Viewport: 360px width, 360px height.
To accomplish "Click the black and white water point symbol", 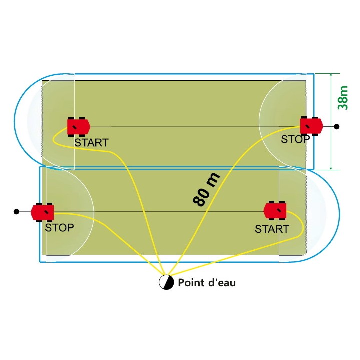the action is coord(166,282).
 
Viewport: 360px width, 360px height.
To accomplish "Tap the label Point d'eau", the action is coord(207,282).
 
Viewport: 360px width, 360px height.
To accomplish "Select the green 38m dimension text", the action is coord(343,98).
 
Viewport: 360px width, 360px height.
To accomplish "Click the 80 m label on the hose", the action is coord(206,189).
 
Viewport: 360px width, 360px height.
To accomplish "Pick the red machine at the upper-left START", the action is coord(79,127).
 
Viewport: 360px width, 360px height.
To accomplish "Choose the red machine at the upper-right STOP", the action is coord(312,126).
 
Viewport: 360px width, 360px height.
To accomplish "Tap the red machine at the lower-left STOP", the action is coord(42,212).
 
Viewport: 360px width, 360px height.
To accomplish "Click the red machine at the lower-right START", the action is coord(275,210).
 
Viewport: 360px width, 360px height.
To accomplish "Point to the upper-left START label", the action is coord(91,143).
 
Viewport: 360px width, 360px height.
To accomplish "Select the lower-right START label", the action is coord(272,229).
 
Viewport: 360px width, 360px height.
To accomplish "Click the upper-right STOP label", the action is coord(295,139).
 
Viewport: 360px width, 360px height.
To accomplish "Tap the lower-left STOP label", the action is coord(59,228).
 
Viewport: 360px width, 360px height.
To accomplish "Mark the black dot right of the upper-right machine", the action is coord(337,126).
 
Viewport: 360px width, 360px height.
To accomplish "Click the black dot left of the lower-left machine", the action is coord(16,211).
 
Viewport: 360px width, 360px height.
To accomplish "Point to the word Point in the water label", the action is coord(191,282).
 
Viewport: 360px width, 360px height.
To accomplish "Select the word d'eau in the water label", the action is coord(222,282).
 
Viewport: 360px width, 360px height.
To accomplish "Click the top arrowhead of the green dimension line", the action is coord(331,75).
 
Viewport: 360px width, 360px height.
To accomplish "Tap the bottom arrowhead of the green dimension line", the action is coord(331,168).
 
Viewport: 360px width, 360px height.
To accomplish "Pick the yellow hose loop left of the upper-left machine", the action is coord(53,138).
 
